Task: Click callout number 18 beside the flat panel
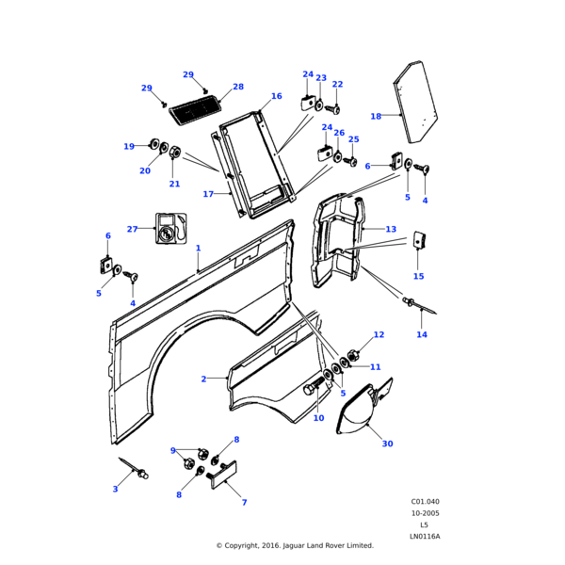(x=376, y=117)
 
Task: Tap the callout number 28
(x=238, y=87)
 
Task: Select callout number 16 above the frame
(x=277, y=96)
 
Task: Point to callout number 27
(x=132, y=229)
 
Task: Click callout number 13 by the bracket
(x=391, y=229)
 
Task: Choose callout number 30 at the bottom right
(x=387, y=444)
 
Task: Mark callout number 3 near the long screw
(x=115, y=489)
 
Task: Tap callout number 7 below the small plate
(x=244, y=502)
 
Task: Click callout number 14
(x=422, y=334)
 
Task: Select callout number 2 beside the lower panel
(x=203, y=379)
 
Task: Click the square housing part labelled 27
(x=170, y=228)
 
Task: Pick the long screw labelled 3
(x=132, y=468)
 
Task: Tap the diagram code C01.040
(x=425, y=502)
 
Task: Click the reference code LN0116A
(x=425, y=536)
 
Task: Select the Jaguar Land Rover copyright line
(x=295, y=545)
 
